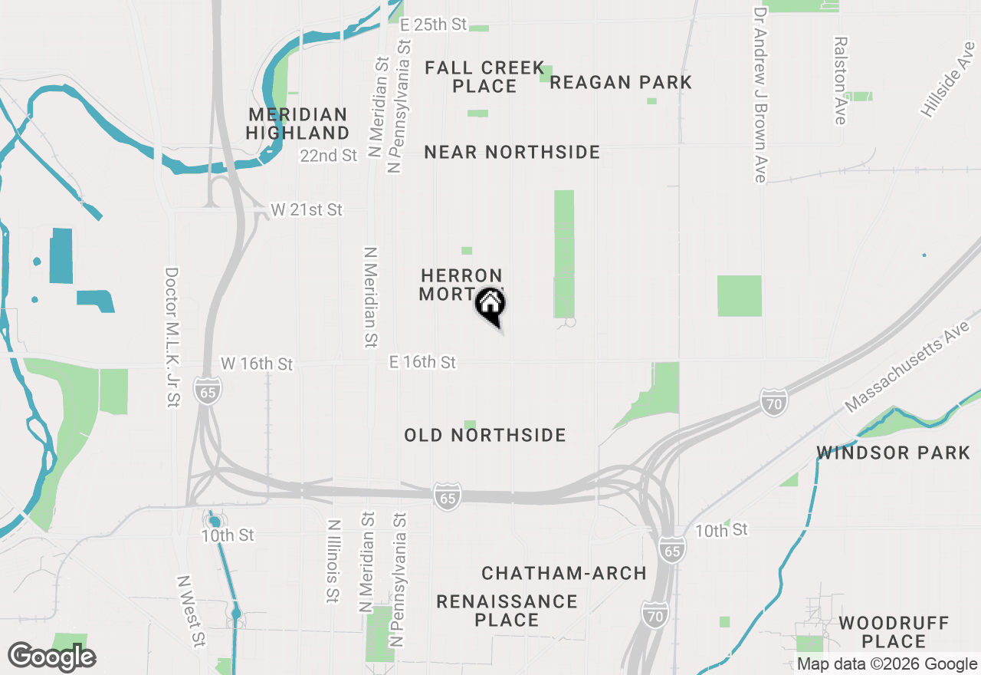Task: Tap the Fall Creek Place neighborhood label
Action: tap(484, 77)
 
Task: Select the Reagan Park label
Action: tap(621, 82)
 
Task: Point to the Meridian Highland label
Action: tap(297, 123)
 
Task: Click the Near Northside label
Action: tap(512, 152)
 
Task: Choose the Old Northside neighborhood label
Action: tap(485, 435)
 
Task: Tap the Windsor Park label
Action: tap(894, 453)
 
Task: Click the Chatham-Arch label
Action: tap(564, 573)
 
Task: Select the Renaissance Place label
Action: tap(507, 610)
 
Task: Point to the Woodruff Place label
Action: tap(894, 631)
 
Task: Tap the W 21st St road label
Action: tap(307, 209)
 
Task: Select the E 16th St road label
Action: tap(422, 361)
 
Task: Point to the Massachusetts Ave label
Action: tap(907, 366)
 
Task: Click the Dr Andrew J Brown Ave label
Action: tap(760, 95)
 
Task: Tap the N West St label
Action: tap(192, 611)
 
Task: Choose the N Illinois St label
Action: tap(333, 561)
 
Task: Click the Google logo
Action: tap(51, 657)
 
